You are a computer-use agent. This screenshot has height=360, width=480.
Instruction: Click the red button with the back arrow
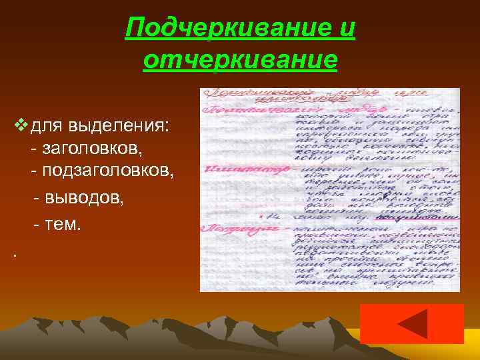pyautogui.click(x=411, y=323)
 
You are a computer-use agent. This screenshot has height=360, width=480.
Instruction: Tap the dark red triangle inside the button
pyautogui.click(x=412, y=324)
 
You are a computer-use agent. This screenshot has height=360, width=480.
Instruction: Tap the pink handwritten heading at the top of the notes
pyautogui.click(x=260, y=95)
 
